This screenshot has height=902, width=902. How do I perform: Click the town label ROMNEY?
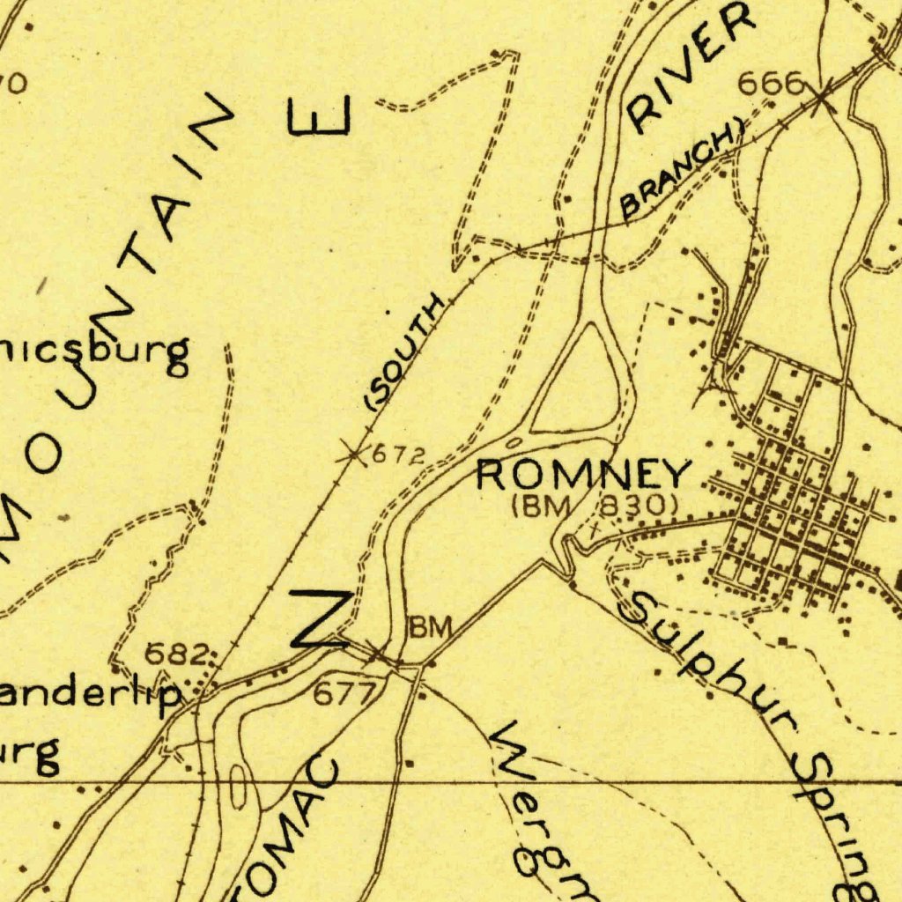(x=582, y=476)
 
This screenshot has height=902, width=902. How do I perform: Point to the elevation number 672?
(x=398, y=455)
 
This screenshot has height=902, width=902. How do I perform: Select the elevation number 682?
(x=177, y=654)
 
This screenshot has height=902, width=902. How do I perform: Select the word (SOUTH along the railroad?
(x=404, y=351)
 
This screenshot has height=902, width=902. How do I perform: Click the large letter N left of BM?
(x=322, y=619)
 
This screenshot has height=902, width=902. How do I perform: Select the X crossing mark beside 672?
(x=352, y=455)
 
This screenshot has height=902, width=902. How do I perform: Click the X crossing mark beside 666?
(x=823, y=94)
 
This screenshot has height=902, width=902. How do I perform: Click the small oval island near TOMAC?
(x=239, y=785)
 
